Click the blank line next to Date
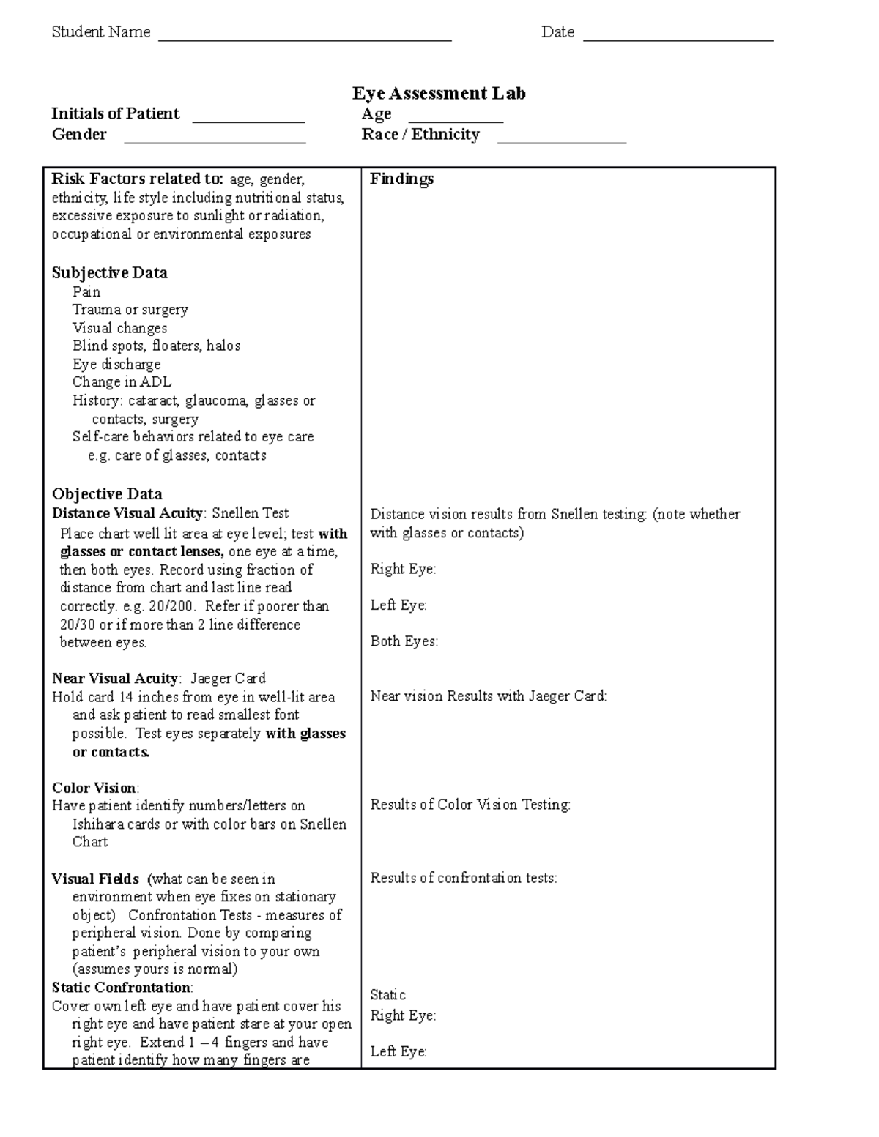tap(678, 38)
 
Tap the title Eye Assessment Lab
tap(439, 94)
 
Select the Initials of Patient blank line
tap(248, 120)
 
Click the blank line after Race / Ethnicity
tap(561, 141)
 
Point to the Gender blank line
tap(215, 141)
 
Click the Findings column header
tap(401, 179)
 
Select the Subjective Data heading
tap(109, 273)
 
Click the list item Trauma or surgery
tap(130, 310)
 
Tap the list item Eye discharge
tap(116, 364)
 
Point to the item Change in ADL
tap(122, 382)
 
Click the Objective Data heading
tap(107, 494)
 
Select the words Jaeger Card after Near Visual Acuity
tap(228, 679)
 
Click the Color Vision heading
tap(94, 789)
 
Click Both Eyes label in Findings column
tap(404, 641)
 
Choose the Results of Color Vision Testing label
tap(470, 805)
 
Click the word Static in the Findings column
tap(387, 995)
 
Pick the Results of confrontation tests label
tap(464, 878)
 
